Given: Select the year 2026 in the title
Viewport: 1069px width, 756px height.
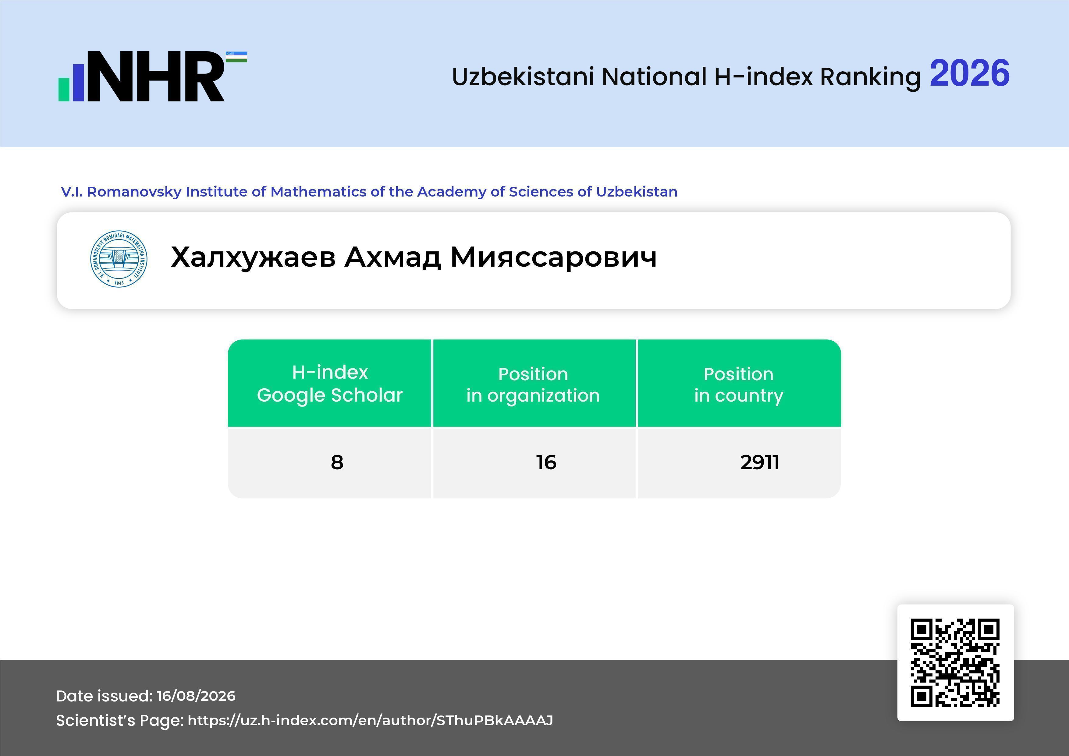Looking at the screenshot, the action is [x=969, y=73].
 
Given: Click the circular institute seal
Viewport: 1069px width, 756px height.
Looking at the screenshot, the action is [x=119, y=259].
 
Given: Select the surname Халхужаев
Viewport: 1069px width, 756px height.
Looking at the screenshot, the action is [x=253, y=257].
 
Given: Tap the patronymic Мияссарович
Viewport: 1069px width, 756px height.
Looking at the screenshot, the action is [x=554, y=257].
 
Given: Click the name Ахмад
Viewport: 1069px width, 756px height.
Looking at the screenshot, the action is [x=392, y=257].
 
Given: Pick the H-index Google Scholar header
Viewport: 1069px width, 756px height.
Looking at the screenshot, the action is [x=330, y=384].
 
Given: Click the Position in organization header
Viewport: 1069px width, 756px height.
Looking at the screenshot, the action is [x=533, y=385].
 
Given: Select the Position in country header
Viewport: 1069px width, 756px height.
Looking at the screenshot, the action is [x=738, y=385].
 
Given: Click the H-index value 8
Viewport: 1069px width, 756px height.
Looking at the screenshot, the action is [x=337, y=462].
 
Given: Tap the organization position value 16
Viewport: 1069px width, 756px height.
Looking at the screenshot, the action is [x=546, y=462].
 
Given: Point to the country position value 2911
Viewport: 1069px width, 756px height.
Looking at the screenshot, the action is [x=760, y=462].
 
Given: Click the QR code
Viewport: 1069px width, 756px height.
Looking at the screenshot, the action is [x=955, y=662].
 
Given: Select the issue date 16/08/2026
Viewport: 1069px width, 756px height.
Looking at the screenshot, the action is [x=196, y=696].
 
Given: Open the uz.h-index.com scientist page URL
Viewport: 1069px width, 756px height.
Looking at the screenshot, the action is [x=370, y=720].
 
